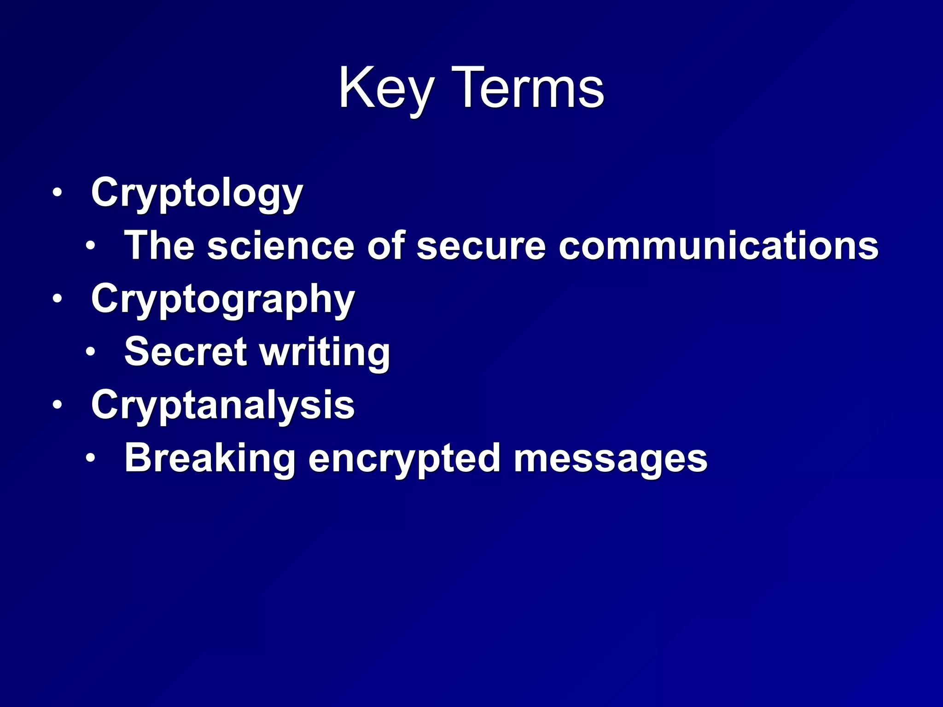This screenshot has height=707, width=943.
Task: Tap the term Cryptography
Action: point(223,300)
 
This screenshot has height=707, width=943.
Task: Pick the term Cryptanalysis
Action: point(223,405)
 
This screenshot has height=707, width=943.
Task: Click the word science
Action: point(281,245)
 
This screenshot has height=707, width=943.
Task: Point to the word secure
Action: point(481,245)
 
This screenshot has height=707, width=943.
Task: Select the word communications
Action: point(718,245)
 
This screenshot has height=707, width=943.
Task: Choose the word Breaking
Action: point(210,458)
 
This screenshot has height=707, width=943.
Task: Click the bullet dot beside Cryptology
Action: point(57,192)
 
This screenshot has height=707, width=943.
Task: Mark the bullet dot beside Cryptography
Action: point(57,299)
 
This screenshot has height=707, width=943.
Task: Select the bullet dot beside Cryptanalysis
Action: point(57,405)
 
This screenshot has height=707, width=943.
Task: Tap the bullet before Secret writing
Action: point(90,352)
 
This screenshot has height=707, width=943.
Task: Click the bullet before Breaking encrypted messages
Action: point(90,458)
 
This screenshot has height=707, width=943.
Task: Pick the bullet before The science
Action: point(90,245)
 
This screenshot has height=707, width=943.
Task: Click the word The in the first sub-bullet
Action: point(159,245)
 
